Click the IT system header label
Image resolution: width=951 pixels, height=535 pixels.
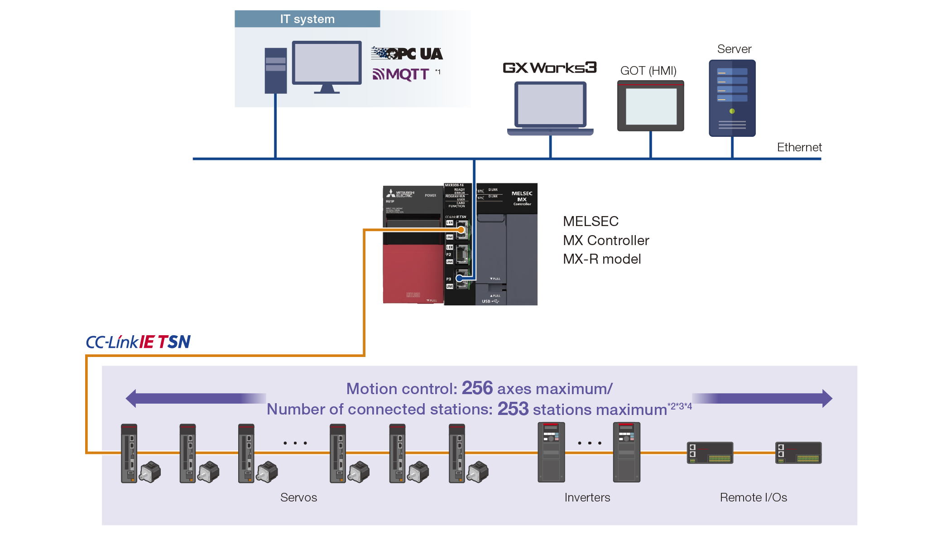(307, 19)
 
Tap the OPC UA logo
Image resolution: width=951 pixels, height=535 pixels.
(407, 53)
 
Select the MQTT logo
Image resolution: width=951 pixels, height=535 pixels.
(401, 74)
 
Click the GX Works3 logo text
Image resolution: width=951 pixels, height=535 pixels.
(549, 67)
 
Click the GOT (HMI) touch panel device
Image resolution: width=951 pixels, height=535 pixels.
(650, 106)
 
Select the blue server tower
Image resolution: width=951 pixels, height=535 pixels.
(732, 98)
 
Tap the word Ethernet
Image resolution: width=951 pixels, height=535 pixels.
(799, 147)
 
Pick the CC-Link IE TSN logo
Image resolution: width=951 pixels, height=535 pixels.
(138, 342)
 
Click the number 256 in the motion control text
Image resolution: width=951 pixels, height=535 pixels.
(477, 388)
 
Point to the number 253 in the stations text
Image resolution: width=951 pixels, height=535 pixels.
(513, 409)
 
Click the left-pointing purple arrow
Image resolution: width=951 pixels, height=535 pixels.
(195, 398)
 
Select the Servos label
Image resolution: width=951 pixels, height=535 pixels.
(298, 497)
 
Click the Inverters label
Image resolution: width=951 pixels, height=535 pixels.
(587, 497)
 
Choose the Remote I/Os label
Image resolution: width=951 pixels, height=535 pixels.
(753, 497)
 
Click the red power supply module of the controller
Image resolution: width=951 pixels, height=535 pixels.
(413, 272)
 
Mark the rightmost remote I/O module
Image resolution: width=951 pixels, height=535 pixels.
(798, 453)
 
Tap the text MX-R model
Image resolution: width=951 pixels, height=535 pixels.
(601, 259)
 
